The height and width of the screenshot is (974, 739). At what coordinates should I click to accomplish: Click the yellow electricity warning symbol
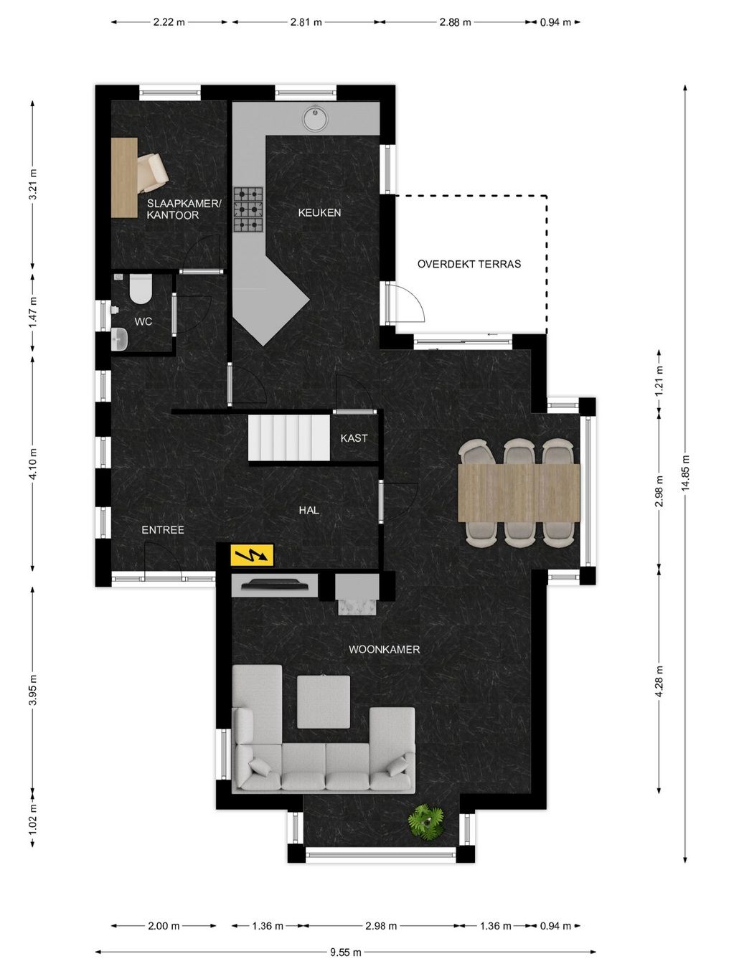pyautogui.click(x=252, y=554)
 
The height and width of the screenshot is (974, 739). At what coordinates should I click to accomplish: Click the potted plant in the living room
pyautogui.click(x=426, y=821)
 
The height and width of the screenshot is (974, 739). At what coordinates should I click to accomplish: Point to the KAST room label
pyautogui.click(x=354, y=438)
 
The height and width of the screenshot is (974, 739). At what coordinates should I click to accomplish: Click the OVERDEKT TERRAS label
pyautogui.click(x=469, y=264)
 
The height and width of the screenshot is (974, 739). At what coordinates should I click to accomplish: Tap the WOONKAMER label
pyautogui.click(x=384, y=650)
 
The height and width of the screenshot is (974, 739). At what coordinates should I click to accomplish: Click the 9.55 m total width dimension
pyautogui.click(x=346, y=952)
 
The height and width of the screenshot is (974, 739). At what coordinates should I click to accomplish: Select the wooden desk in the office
pyautogui.click(x=124, y=177)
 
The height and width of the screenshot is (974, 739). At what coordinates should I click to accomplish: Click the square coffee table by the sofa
pyautogui.click(x=324, y=701)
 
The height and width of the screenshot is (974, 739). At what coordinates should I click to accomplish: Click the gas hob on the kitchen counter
pyautogui.click(x=248, y=209)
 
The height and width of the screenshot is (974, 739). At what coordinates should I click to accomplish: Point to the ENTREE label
pyautogui.click(x=163, y=530)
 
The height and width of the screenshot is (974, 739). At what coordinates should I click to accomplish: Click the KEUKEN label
pyautogui.click(x=319, y=213)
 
